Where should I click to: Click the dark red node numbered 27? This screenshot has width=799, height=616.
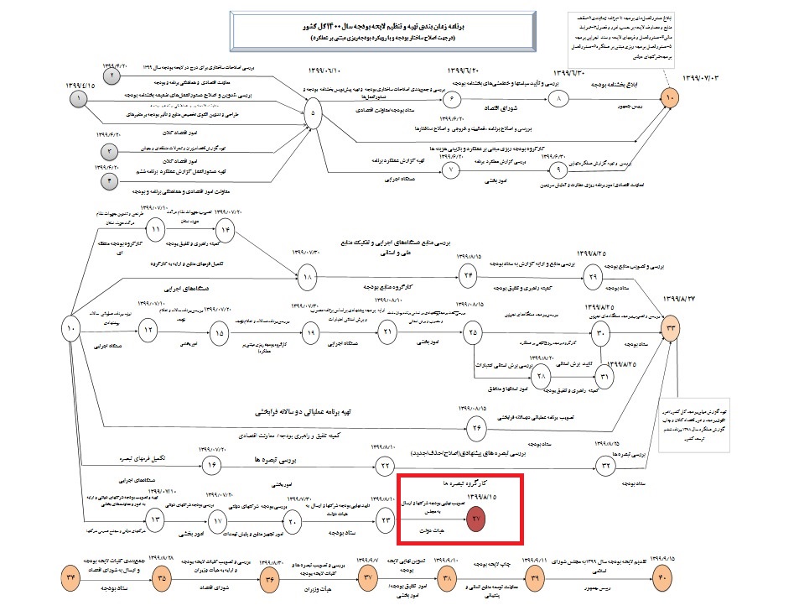pos(477,520)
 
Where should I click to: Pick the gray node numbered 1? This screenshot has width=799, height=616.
pos(80,99)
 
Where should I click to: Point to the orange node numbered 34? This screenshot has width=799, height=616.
pos(72,578)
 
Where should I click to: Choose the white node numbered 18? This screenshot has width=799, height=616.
pos(307,274)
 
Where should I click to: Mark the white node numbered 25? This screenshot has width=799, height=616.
pos(474,332)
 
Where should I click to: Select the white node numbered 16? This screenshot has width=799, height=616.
pos(213,466)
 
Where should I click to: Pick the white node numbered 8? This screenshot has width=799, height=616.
pos(560,98)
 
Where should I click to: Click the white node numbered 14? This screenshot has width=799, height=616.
pos(225,230)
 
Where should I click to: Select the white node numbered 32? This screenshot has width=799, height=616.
pos(605,466)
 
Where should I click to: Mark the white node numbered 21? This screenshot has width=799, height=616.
pos(388,332)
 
